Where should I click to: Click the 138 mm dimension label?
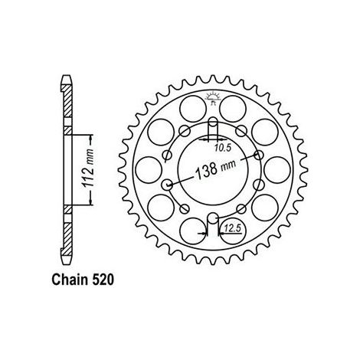pyautogui.click(x=215, y=169)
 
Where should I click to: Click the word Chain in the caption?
pyautogui.click(x=68, y=280)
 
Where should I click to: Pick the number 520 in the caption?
pyautogui.click(x=100, y=280)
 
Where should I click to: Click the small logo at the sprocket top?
pyautogui.click(x=213, y=98)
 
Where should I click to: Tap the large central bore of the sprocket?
pyautogui.click(x=213, y=169)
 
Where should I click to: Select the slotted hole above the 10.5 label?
pyautogui.click(x=213, y=125)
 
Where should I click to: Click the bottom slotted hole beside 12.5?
pyautogui.click(x=213, y=221)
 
